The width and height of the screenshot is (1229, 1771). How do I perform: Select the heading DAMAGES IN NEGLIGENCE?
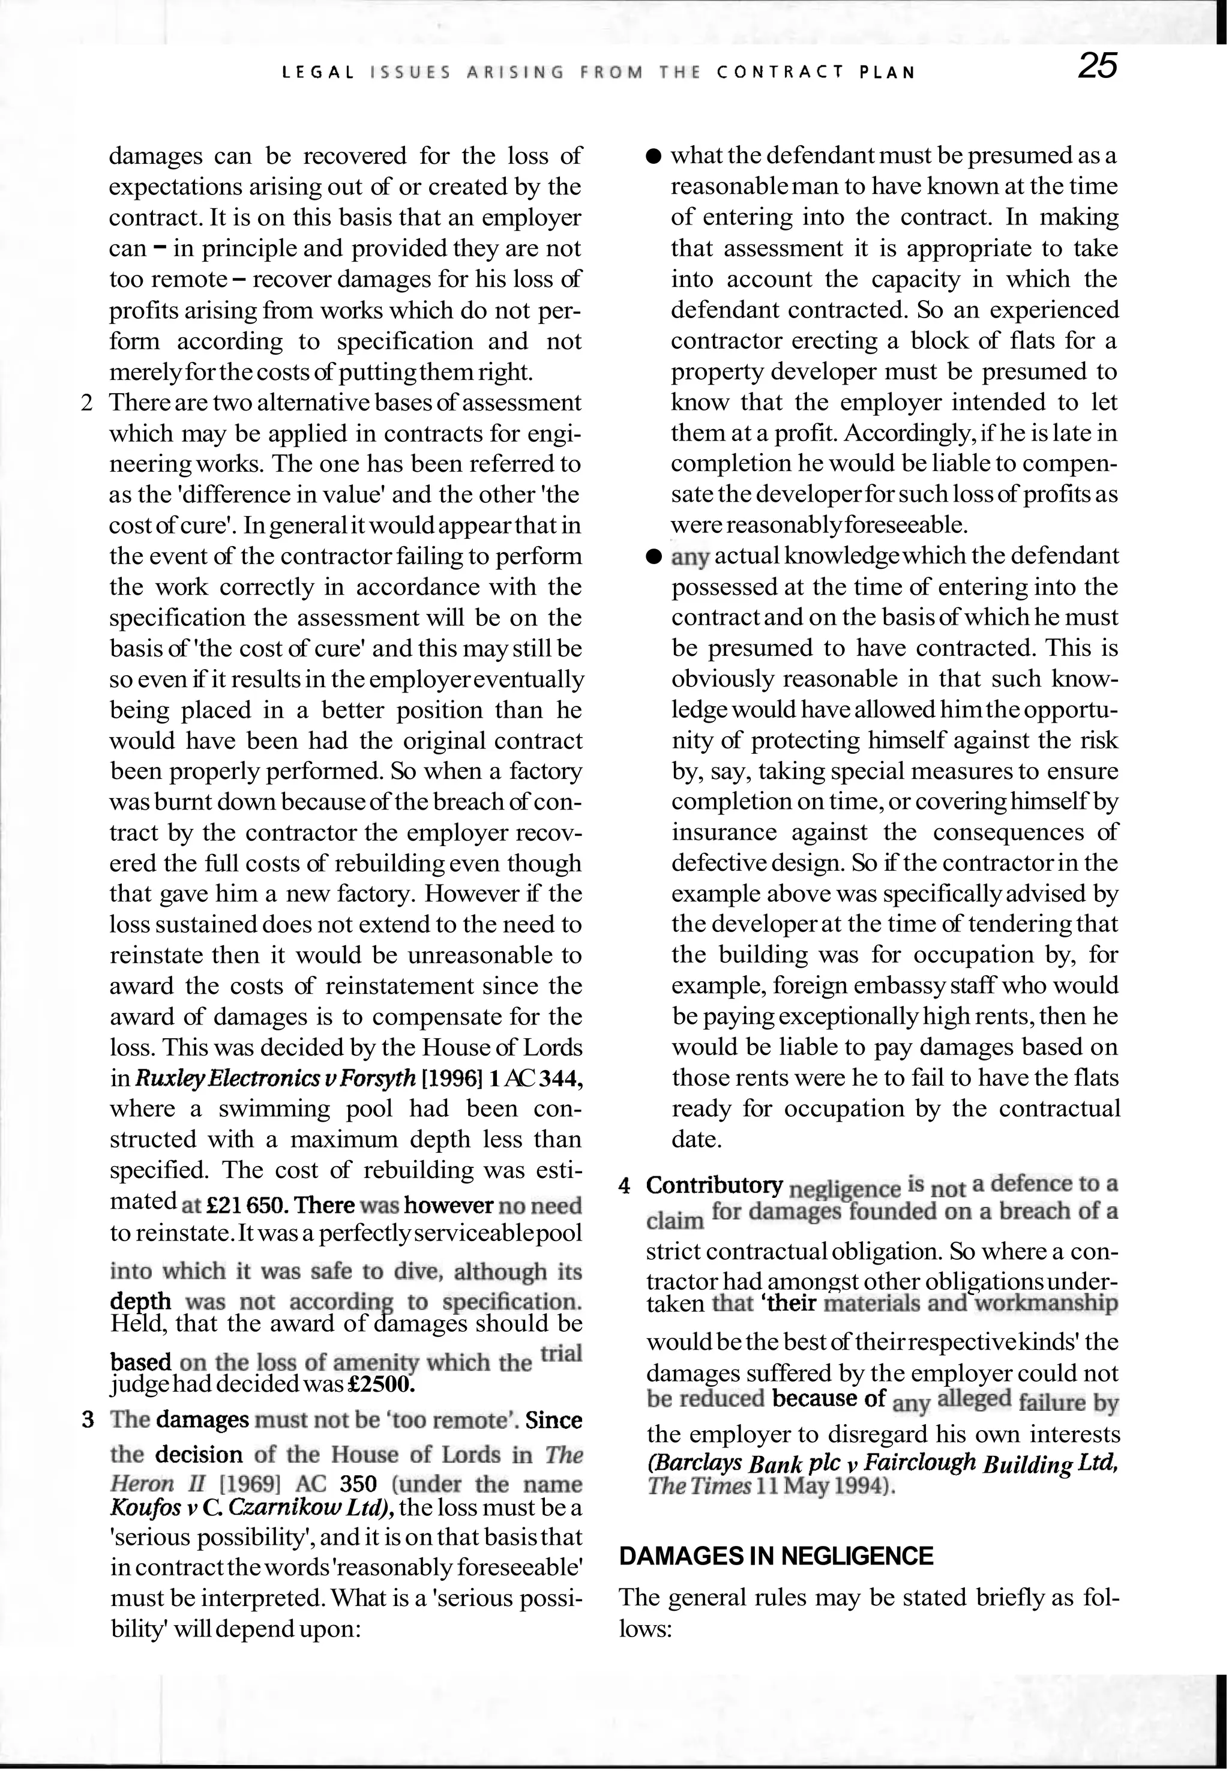(x=776, y=1556)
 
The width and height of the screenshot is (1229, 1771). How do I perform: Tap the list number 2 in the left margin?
(x=87, y=403)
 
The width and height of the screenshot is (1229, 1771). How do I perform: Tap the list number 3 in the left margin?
(x=88, y=1420)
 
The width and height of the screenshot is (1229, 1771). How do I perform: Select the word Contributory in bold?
(x=715, y=1186)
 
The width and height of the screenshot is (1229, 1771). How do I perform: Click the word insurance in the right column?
(x=720, y=833)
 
